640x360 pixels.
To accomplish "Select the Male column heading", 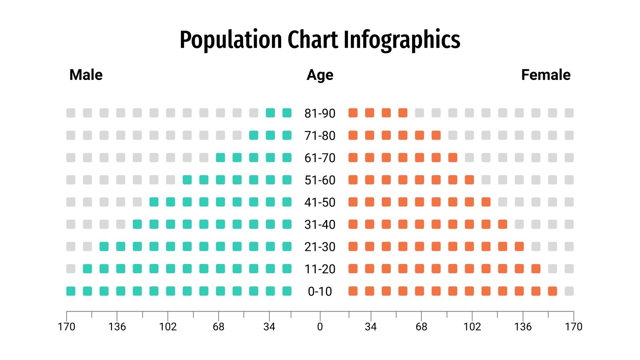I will coord(86,75).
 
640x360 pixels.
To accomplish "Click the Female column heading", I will coord(546,75).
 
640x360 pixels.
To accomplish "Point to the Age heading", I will coord(320,75).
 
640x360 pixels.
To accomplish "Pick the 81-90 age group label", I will coord(320,113).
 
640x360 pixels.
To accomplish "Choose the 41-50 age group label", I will coord(320,202).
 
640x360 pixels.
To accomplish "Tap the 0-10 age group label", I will coord(320,291).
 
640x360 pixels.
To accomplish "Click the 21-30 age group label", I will coord(320,247).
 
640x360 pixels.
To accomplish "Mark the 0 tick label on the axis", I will coord(320,327).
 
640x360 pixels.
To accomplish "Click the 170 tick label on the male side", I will coord(66,327).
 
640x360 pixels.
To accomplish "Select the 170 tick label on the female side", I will coord(574,327).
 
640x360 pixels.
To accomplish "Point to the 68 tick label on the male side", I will coord(218,327).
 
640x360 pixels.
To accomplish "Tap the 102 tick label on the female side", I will coord(472,327).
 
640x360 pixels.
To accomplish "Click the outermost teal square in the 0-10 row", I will coord(71,291).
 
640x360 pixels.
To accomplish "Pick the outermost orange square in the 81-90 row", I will coord(403,113).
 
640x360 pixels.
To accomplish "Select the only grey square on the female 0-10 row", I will coord(569,291).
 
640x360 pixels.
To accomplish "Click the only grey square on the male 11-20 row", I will coord(71,269).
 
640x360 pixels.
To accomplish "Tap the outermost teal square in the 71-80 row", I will coord(254,135).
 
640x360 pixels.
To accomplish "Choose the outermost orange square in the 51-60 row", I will coord(469,180).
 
